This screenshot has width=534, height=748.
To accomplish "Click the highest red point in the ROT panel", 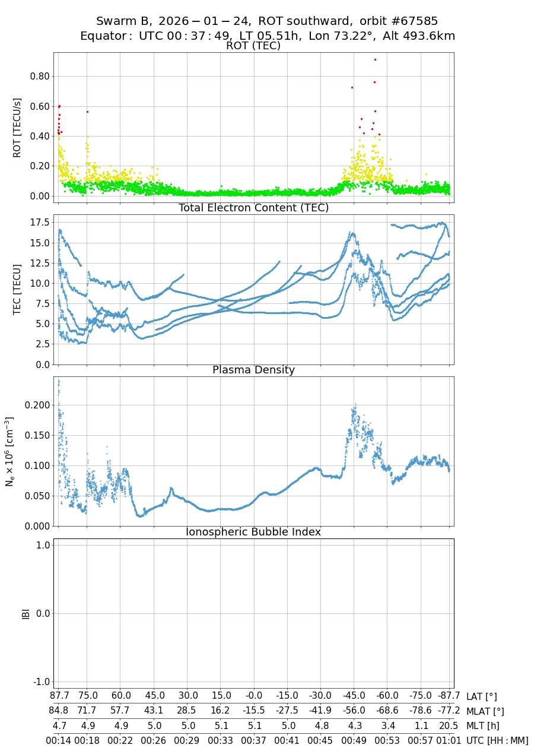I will (375, 59).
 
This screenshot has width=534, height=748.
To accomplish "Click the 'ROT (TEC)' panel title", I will (253, 46).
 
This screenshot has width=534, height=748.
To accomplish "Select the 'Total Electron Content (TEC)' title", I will (253, 208).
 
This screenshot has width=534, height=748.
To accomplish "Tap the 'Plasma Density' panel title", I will (253, 370).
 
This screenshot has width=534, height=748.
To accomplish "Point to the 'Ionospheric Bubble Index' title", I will (253, 532).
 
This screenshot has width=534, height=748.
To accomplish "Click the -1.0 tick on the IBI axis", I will (39, 681).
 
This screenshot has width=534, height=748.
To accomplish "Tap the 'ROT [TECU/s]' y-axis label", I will (17, 128).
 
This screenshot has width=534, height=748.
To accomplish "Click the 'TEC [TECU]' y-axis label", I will (17, 289).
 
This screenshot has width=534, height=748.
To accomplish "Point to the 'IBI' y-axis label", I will (26, 613).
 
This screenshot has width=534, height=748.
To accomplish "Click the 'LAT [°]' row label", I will (482, 696).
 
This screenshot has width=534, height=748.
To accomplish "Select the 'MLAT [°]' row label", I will (485, 711).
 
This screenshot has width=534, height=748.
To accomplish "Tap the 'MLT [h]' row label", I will (482, 725).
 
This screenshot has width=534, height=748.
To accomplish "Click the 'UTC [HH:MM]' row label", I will (497, 740).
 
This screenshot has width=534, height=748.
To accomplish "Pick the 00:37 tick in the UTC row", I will (254, 740).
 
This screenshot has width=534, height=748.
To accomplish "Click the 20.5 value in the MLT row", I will (449, 725).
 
